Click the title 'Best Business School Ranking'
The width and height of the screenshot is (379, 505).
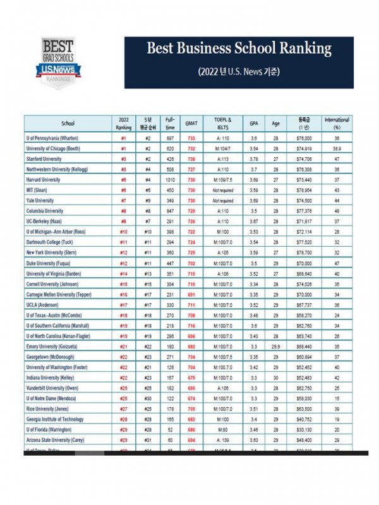point(239,49)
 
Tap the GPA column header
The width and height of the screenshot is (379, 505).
point(254,123)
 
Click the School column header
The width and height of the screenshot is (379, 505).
point(68,123)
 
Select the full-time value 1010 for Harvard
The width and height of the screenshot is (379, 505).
point(170,179)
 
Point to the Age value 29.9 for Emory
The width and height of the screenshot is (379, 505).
point(275,347)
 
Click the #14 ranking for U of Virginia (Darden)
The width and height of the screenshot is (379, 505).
point(124,273)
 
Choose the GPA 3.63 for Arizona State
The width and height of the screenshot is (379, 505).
point(254,439)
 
